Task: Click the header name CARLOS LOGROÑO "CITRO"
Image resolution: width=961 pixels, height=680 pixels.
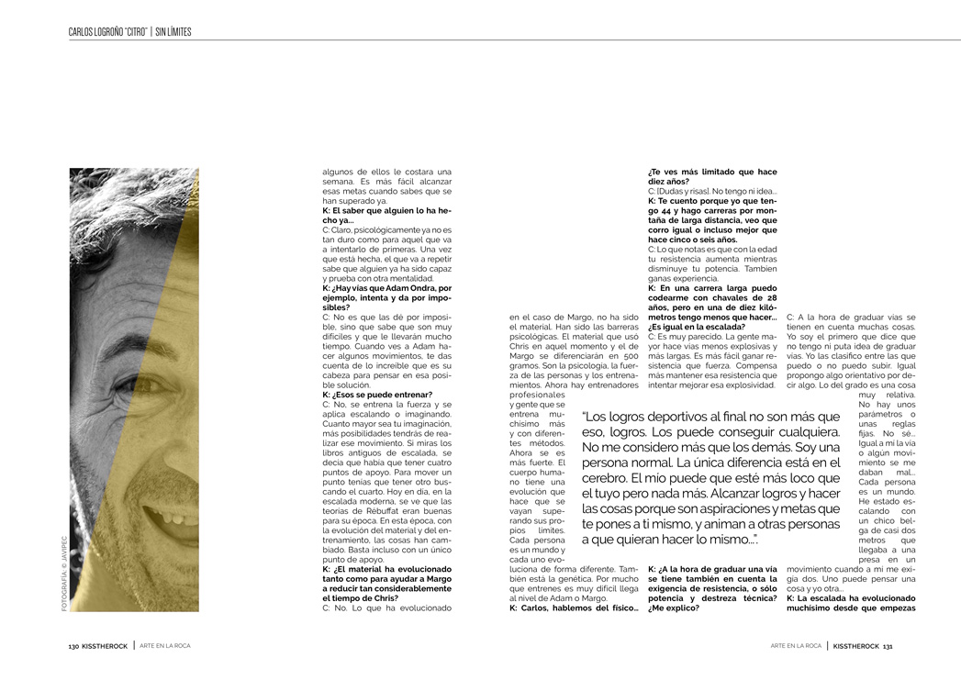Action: (108, 32)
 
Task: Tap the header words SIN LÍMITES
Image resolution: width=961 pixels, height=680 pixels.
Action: (173, 32)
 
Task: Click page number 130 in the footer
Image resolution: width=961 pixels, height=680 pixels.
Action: (73, 646)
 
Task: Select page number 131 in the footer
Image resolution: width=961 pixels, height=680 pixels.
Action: (888, 646)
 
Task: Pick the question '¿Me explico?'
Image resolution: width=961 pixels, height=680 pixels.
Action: (673, 607)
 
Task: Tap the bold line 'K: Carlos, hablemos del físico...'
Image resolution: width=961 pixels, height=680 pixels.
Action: (573, 607)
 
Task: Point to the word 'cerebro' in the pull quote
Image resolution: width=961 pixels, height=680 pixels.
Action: (604, 479)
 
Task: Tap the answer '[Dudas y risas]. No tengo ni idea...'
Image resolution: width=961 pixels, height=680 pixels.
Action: (712, 191)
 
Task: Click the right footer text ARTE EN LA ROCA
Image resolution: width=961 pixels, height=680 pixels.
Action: (796, 646)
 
